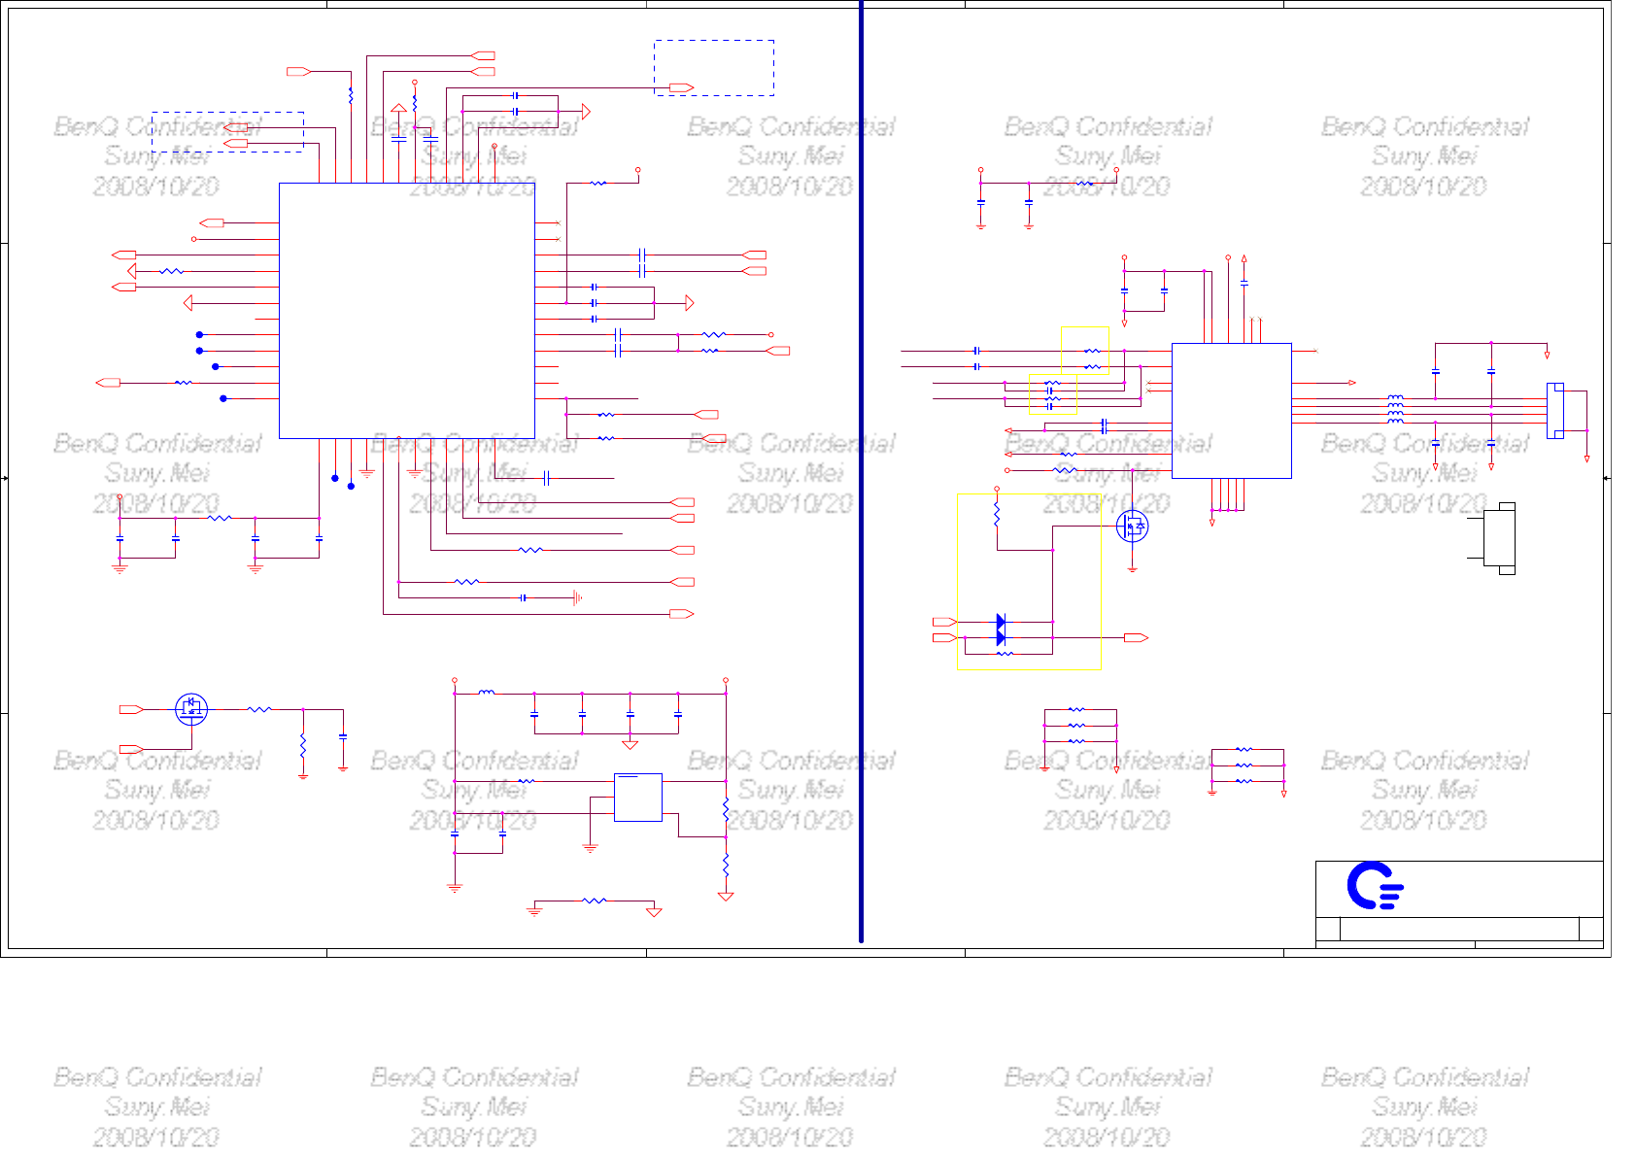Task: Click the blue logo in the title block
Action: tap(1374, 885)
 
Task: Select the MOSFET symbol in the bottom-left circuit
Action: tap(191, 708)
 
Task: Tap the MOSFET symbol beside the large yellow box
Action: tap(1133, 526)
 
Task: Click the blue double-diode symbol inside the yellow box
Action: tap(1001, 629)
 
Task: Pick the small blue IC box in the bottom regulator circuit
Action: tap(637, 798)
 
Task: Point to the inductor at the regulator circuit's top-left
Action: tap(487, 693)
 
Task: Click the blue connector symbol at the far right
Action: tap(1555, 411)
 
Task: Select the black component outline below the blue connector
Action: tap(1500, 538)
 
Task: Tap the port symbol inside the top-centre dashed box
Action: tap(682, 87)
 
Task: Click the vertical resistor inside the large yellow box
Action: tap(997, 515)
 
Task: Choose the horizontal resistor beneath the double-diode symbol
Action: tap(1005, 654)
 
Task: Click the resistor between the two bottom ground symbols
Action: tap(594, 901)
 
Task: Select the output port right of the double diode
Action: tap(1136, 637)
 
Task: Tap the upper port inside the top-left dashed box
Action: tap(236, 127)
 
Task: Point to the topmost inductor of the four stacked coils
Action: tap(1395, 397)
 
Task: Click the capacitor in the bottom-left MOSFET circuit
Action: tap(343, 737)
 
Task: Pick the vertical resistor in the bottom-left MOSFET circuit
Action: tap(303, 745)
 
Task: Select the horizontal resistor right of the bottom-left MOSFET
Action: tap(258, 709)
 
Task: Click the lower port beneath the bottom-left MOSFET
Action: tap(131, 749)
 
